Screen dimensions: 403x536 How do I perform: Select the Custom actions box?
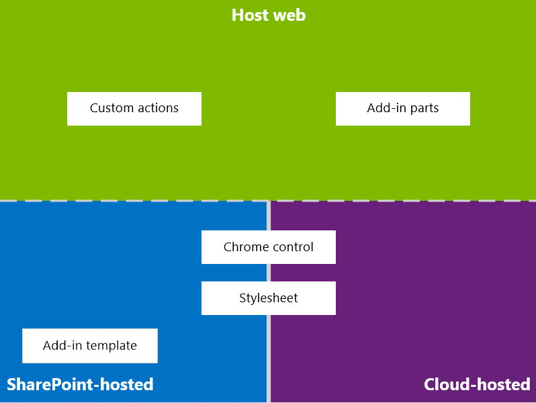coord(134,108)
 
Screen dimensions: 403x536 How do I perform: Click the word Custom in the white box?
coord(111,108)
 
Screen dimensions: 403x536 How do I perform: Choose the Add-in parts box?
coord(402,108)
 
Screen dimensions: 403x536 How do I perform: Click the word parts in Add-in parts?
coord(422,109)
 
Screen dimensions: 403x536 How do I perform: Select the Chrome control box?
coord(268,247)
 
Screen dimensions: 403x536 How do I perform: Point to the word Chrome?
coord(244,247)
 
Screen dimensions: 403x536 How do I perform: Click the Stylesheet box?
coord(268,298)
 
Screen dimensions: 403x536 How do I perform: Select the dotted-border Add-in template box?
coord(90,346)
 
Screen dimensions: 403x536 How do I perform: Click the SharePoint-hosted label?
coord(80,384)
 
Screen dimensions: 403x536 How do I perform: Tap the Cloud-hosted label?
coord(477,384)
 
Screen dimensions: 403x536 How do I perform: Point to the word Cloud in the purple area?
coord(447,384)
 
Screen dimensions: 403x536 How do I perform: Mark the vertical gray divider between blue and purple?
coord(269,363)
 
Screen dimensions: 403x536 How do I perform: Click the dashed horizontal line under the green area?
coord(134,200)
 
